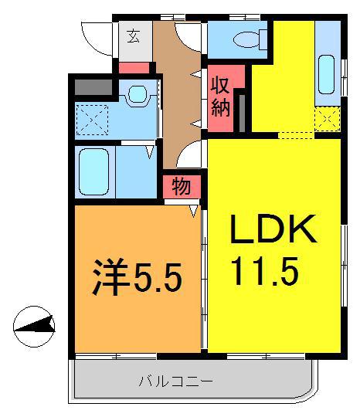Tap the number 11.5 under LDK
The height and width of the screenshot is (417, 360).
pos(264,271)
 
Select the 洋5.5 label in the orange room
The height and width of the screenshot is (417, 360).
pos(137,277)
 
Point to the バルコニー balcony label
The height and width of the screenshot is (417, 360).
pos(176,382)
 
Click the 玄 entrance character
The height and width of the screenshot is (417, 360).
pos(134,36)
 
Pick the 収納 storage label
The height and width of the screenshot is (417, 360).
pos(220,97)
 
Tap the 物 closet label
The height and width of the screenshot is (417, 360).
pos(182,186)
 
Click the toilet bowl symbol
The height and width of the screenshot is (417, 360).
pos(246,40)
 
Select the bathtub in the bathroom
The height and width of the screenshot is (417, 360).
pos(94,171)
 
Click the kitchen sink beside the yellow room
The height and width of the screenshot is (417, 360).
pos(327,74)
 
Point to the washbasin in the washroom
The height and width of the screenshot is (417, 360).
pos(138,93)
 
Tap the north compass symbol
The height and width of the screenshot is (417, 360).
pos(34,327)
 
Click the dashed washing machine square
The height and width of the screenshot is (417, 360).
pos(92,120)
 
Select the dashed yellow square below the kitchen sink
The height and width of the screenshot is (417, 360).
pos(328,119)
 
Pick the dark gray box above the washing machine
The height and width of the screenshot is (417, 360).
pos(93,86)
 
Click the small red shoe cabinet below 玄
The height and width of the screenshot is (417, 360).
pos(134,68)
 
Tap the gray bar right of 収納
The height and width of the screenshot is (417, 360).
pos(242,114)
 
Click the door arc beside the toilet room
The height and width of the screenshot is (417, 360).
pos(187,37)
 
